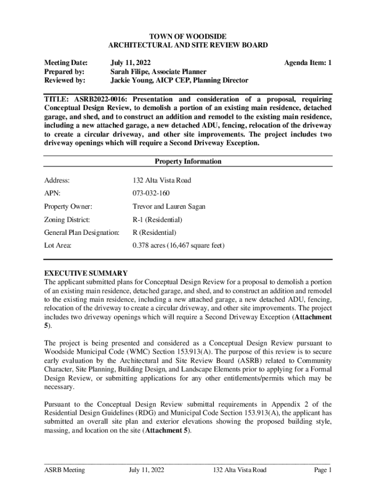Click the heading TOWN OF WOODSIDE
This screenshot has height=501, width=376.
pyautogui.click(x=188, y=37)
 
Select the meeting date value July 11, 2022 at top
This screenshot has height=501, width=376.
pyautogui.click(x=130, y=63)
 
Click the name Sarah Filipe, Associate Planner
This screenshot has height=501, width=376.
pyautogui.click(x=158, y=71)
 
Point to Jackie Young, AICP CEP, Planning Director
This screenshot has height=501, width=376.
pyautogui.click(x=179, y=80)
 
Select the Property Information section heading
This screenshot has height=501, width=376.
pyautogui.click(x=188, y=161)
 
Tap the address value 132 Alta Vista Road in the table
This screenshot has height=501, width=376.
pyautogui.click(x=162, y=181)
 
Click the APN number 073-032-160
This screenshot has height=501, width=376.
pyautogui.click(x=151, y=193)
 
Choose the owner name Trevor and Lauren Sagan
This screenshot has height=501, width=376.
pyautogui.click(x=168, y=206)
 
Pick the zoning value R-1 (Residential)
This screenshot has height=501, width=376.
pyautogui.click(x=157, y=220)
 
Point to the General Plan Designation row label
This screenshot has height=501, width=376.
pyautogui.click(x=82, y=233)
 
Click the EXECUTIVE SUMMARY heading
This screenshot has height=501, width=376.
pyautogui.click(x=86, y=273)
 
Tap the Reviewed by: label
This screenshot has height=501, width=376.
pyautogui.click(x=64, y=80)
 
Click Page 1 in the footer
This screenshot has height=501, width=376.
pyautogui.click(x=323, y=470)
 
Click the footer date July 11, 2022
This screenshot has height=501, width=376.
pyautogui.click(x=146, y=470)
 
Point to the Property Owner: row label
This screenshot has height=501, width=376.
pyautogui.click(x=68, y=206)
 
